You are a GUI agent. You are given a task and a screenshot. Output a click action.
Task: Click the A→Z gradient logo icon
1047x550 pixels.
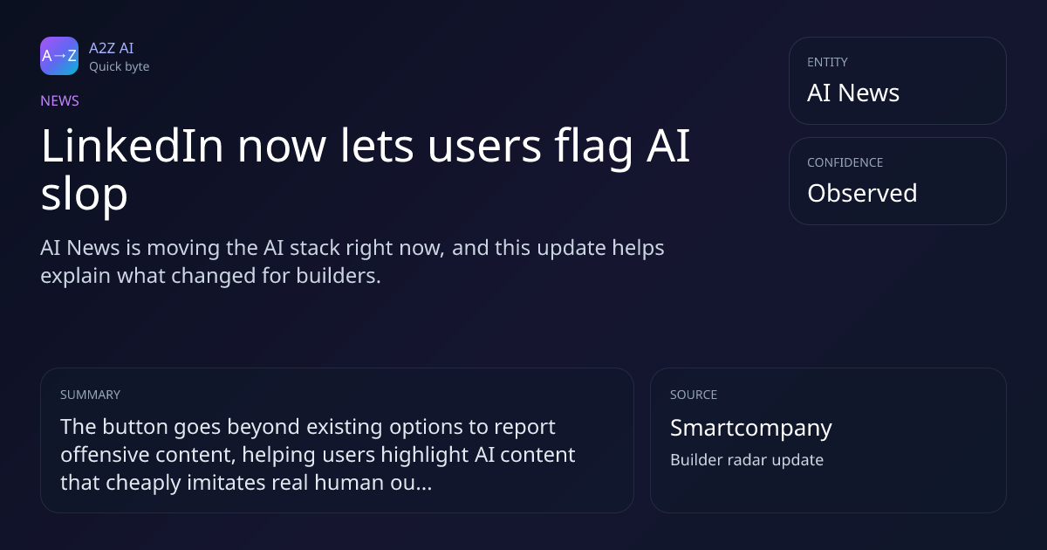[x=59, y=56]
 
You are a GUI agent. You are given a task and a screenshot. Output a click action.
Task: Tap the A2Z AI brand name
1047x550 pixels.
[x=112, y=48]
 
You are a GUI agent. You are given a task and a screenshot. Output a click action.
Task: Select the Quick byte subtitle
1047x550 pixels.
[x=120, y=67]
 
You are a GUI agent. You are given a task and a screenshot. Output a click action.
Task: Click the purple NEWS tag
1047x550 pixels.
[x=60, y=101]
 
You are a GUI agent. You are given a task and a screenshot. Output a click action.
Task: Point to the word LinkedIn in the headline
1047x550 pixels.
[x=133, y=146]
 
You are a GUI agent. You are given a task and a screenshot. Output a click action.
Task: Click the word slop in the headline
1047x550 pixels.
[x=84, y=195]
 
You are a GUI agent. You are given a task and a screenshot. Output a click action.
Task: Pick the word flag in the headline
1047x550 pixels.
[x=593, y=148]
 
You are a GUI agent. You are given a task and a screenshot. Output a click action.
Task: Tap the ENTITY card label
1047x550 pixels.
[x=827, y=62]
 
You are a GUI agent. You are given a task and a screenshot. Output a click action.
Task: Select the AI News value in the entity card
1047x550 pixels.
[x=853, y=93]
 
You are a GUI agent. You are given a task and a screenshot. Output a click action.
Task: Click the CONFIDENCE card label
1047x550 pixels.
[x=845, y=162]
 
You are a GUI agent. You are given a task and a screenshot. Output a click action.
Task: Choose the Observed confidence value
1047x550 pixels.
[x=862, y=193]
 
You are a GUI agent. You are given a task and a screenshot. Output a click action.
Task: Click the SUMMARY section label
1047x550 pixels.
[x=90, y=395]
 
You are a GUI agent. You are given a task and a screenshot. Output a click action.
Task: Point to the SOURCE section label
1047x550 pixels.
[x=694, y=395]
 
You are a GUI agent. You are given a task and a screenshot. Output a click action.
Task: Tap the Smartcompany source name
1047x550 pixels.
[x=751, y=428]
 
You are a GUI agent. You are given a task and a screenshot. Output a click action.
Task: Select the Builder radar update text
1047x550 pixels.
[x=747, y=460]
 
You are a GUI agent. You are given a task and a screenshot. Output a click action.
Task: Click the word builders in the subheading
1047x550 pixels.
[x=338, y=276]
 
